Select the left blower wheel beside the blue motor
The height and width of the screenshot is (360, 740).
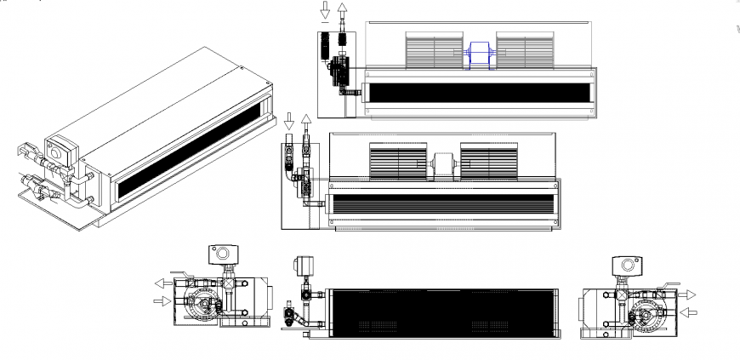tap(434, 52)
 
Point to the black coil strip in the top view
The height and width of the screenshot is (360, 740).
tap(480, 92)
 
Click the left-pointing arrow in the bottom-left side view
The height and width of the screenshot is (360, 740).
tap(162, 283)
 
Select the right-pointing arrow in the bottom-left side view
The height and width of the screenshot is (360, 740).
tap(162, 300)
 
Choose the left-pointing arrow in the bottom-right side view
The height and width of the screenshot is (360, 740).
tap(689, 311)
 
